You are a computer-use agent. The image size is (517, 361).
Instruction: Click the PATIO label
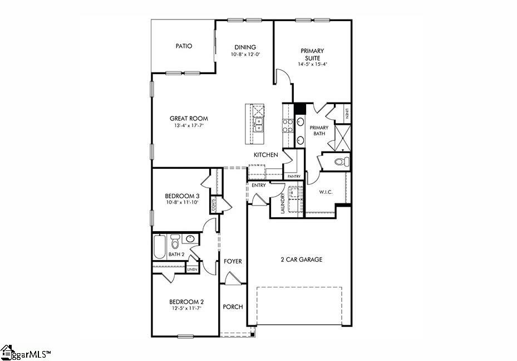(x=184, y=46)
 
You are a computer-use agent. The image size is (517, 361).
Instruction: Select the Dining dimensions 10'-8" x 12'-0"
(x=245, y=55)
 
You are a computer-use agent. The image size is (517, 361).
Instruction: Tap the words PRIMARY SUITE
(x=312, y=54)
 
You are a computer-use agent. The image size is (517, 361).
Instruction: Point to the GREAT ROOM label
(x=189, y=118)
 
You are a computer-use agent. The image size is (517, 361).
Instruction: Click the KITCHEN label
(x=265, y=154)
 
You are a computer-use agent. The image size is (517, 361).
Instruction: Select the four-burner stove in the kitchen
(x=288, y=126)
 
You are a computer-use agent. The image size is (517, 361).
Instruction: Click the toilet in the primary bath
(x=342, y=162)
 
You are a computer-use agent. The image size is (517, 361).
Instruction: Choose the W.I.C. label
(x=326, y=192)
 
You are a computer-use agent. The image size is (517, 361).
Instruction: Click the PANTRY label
(x=294, y=177)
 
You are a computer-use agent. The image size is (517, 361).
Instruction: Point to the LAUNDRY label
(x=283, y=203)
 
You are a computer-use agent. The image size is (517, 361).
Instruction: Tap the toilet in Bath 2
(x=175, y=241)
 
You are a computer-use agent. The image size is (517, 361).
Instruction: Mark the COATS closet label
(x=213, y=206)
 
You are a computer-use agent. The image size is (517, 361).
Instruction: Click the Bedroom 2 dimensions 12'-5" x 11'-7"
(x=185, y=309)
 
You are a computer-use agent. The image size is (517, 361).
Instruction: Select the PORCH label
(x=233, y=307)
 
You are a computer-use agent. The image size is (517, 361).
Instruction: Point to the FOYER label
(x=232, y=261)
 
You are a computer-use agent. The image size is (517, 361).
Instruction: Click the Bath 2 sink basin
(x=190, y=239)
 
